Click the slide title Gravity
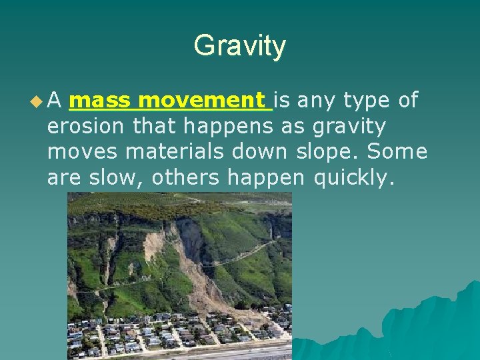coord(239,46)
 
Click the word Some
coord(397,151)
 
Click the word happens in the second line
coord(227,126)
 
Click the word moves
coord(83,151)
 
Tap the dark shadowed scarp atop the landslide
coord(187,233)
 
